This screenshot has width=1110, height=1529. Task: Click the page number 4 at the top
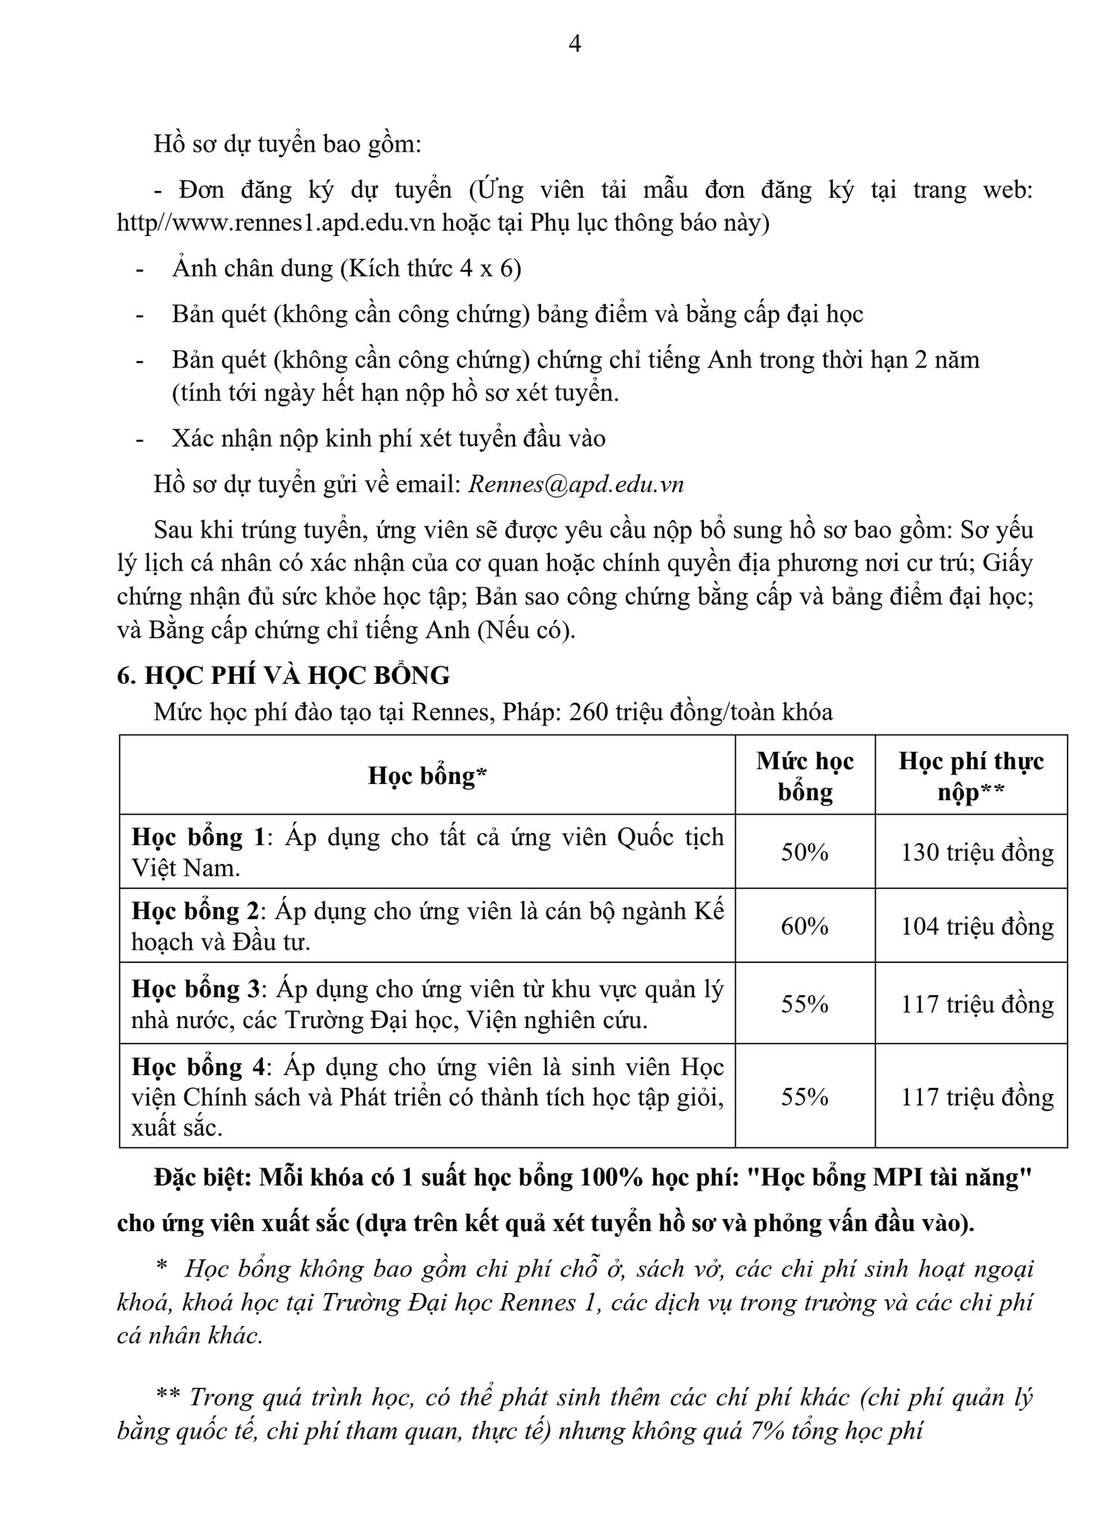[574, 45]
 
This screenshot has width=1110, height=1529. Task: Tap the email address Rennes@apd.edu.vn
[576, 484]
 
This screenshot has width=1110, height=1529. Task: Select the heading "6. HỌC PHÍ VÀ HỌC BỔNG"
[284, 675]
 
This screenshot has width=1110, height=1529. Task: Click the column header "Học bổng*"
[427, 776]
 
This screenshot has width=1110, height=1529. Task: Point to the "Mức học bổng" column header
[805, 776]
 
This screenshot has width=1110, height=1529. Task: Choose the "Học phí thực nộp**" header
[970, 776]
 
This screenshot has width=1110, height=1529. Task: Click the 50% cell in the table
[805, 852]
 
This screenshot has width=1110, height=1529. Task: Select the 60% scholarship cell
[805, 926]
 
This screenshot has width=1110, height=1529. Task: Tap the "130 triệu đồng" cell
[977, 852]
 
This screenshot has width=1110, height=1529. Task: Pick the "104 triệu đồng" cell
[977, 926]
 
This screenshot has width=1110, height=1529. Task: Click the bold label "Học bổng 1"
[198, 837]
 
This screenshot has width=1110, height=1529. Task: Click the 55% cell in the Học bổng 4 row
[805, 1096]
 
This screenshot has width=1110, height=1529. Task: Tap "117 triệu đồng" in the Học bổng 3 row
[977, 1003]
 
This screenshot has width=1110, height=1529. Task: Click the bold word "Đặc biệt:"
[202, 1177]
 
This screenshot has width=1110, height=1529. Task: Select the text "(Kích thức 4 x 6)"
[430, 268]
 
